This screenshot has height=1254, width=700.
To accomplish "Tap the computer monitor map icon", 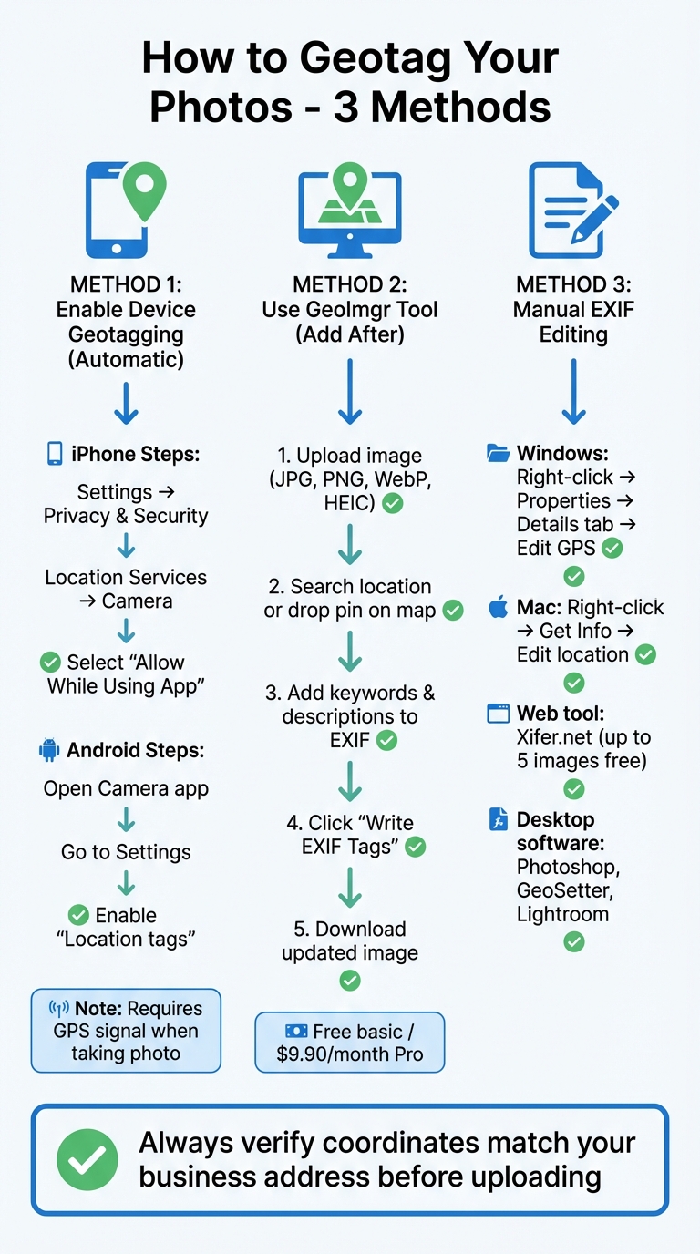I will click(350, 210).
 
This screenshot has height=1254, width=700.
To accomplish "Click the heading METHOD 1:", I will click(126, 285).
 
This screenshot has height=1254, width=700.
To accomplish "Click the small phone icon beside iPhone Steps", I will click(55, 454).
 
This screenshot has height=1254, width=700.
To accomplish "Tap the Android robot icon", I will click(49, 750).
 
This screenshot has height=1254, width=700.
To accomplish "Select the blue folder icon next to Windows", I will click(498, 454).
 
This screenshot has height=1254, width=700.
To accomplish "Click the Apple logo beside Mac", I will click(498, 608).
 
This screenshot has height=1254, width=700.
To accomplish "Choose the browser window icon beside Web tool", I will click(498, 714).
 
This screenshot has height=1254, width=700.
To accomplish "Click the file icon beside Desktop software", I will click(498, 819).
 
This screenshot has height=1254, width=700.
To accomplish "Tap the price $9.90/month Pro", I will click(350, 1054).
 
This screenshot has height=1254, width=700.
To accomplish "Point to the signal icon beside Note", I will click(58, 1009).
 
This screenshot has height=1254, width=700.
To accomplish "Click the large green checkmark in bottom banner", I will click(87, 1160).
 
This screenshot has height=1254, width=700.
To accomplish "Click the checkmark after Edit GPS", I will click(612, 548).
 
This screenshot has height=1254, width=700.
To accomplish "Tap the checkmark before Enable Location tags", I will click(78, 915).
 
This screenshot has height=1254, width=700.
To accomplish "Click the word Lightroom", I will click(562, 914).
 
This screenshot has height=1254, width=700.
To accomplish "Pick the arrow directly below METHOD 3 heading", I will click(572, 392).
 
